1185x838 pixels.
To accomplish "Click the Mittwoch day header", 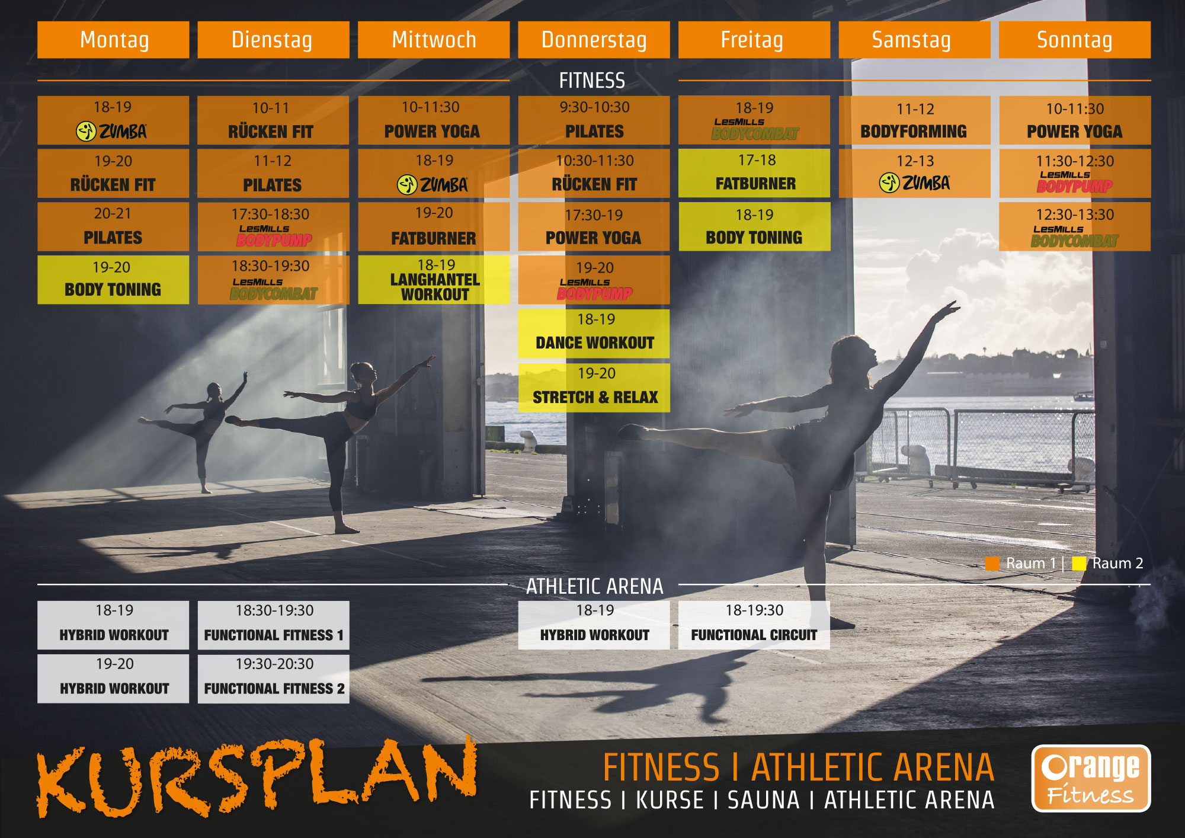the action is (x=434, y=40).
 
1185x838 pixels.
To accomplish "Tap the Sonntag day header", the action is (x=1075, y=40).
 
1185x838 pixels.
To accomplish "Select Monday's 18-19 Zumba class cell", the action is (x=113, y=120).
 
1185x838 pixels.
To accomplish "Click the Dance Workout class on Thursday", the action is (x=594, y=334).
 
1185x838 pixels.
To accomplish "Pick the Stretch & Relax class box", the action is (x=594, y=388).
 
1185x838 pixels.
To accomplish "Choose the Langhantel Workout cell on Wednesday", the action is (x=434, y=280).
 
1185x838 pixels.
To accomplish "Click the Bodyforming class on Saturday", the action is (x=915, y=120).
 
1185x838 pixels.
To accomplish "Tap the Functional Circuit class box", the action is (x=754, y=625).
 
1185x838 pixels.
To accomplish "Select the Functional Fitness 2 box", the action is (x=274, y=679).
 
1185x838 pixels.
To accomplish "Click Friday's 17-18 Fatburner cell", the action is (x=754, y=173).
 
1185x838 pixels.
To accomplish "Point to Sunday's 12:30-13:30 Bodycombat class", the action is (x=1075, y=226).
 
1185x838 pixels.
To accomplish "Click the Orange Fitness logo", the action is (x=1091, y=778).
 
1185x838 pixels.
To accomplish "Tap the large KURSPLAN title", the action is (x=257, y=778).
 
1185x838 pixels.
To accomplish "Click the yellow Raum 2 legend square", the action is (x=1079, y=563).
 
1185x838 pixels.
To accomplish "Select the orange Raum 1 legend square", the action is (x=992, y=563).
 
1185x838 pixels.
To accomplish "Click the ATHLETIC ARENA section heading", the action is (x=594, y=586).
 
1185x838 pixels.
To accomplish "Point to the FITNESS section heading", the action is (x=592, y=81).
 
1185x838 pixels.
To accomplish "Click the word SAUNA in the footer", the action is (x=763, y=800).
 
